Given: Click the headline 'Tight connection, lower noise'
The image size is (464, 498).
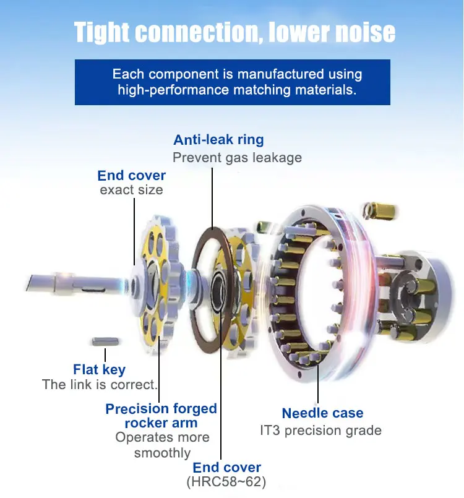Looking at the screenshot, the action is (x=234, y=32).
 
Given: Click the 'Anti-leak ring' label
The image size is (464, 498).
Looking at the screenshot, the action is (x=218, y=140).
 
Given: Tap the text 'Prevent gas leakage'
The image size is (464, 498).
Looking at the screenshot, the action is (x=237, y=158).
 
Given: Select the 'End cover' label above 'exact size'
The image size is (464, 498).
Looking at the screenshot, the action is (x=131, y=176).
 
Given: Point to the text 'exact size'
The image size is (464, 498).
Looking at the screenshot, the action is (x=131, y=190).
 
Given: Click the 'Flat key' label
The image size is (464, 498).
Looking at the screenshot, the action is (x=99, y=370).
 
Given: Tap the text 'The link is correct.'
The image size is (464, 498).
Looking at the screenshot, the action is (x=100, y=385).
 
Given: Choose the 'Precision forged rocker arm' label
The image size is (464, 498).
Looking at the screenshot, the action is (x=161, y=416).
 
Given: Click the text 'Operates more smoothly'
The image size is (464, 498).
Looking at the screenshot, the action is (x=162, y=445).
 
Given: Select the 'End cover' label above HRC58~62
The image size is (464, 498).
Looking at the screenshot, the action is (x=227, y=468).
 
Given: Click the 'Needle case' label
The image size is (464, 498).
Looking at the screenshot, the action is (x=322, y=413).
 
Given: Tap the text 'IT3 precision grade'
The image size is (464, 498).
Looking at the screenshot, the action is (x=320, y=430).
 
